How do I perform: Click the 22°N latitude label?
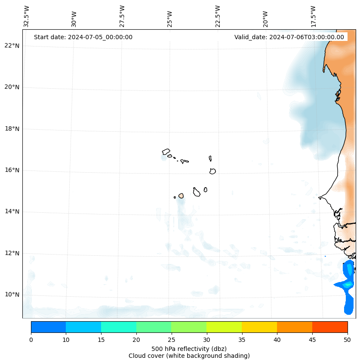[x=12, y=46]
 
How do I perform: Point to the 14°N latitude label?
[x=12, y=211]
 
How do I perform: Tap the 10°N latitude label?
[x=12, y=295]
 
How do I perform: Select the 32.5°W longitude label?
[x=27, y=16]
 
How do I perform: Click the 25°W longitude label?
[x=170, y=19]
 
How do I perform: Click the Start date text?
[x=83, y=37]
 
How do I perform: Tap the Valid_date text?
[x=289, y=37]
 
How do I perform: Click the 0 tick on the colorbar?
[x=31, y=340]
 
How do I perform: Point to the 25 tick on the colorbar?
[x=171, y=340]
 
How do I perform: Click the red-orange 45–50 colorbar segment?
[x=330, y=327]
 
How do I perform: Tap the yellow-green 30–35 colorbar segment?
[x=224, y=327]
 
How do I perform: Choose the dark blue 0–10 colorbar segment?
[x=48, y=327]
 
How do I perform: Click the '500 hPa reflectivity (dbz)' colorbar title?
[x=189, y=348]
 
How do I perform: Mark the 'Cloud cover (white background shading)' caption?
[x=189, y=356]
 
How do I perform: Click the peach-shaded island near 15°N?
[x=181, y=195]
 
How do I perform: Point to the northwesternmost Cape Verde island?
[x=166, y=152]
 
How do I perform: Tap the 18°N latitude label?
[x=12, y=128]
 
